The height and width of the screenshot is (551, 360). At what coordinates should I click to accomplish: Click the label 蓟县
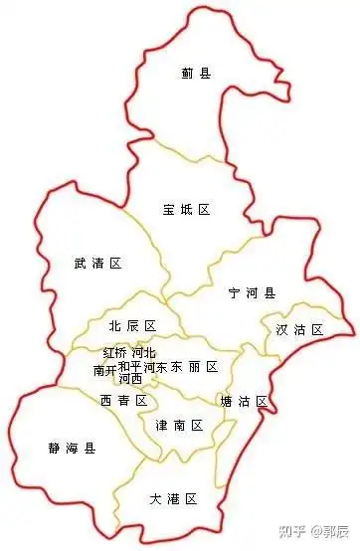pyautogui.click(x=196, y=73)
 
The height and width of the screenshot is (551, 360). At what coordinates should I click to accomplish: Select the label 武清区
pyautogui.click(x=97, y=264)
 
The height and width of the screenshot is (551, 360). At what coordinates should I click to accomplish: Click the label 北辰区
pyautogui.click(x=133, y=326)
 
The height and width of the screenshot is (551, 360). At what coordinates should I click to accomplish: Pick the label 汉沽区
pyautogui.click(x=299, y=329)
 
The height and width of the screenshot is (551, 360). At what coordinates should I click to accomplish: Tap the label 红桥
pyautogui.click(x=115, y=353)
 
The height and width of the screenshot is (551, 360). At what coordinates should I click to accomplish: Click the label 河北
pyautogui.click(x=144, y=353)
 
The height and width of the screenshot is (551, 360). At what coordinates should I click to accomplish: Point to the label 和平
pyautogui.click(x=130, y=367)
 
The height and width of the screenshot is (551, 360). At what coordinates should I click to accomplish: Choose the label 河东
pyautogui.click(x=155, y=367)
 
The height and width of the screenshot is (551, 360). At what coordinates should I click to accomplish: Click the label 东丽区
pyautogui.click(x=194, y=367)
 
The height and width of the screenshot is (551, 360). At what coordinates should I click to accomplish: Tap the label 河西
pyautogui.click(x=130, y=379)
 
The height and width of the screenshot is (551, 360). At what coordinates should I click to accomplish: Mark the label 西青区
pyautogui.click(x=123, y=400)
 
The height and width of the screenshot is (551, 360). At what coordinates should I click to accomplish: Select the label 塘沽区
pyautogui.click(x=244, y=401)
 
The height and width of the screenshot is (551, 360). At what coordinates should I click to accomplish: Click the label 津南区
pyautogui.click(x=179, y=426)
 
